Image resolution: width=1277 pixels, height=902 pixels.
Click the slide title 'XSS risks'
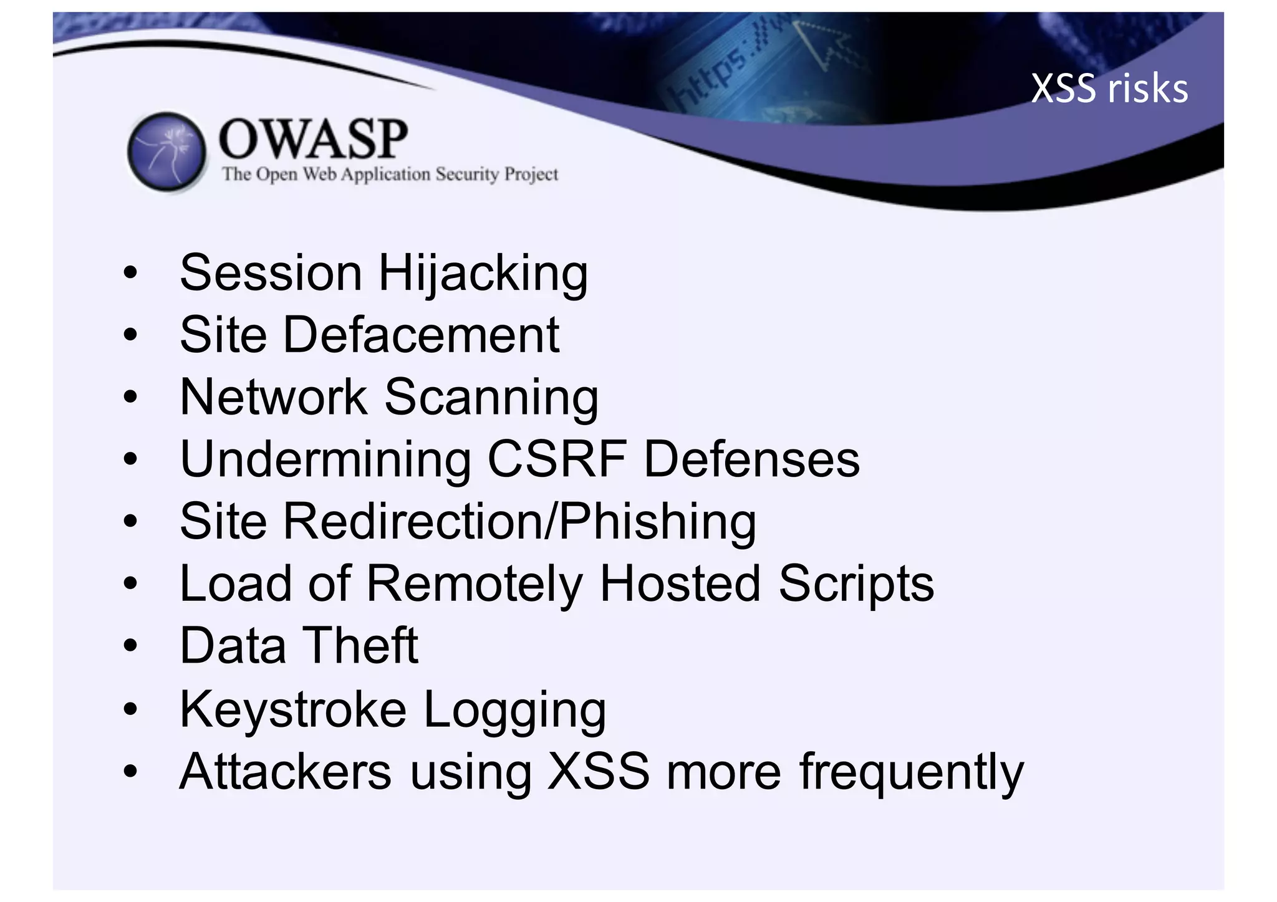pos(1109,89)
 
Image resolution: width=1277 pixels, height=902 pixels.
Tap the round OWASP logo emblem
pos(166,151)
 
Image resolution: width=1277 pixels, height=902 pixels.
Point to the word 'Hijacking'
pos(483,274)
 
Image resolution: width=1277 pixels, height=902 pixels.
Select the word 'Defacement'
pos(422,335)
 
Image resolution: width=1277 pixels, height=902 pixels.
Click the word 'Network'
pos(274,397)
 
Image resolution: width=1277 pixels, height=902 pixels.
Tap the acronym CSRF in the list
pos(557,459)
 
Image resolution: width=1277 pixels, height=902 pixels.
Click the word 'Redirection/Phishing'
pos(520,522)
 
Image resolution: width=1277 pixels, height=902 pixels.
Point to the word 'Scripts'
pos(856,585)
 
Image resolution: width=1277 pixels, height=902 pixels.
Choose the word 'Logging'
pos(514,711)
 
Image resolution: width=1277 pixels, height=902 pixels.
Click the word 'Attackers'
pos(286,772)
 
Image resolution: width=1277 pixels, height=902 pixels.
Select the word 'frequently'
pos(911,773)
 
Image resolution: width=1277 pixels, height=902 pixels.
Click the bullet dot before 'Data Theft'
pos(130,646)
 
